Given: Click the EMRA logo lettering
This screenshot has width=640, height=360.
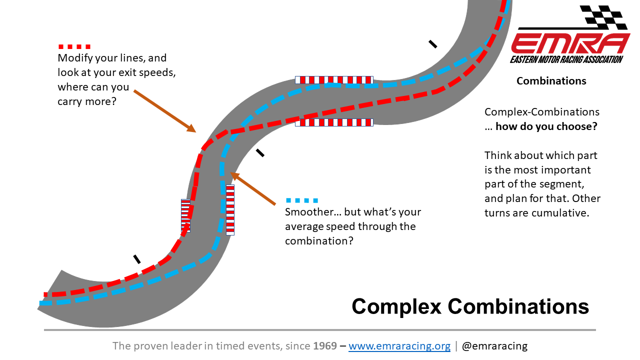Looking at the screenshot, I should click(x=570, y=43).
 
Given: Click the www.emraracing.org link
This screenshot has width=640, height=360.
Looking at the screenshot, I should click(x=399, y=346).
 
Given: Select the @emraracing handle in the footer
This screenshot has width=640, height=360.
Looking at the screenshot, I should click(x=494, y=346).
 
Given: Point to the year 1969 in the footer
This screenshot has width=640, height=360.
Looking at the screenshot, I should click(x=325, y=346).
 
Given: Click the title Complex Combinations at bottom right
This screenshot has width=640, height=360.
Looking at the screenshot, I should click(x=470, y=306).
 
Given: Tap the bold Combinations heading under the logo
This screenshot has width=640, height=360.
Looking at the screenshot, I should click(x=551, y=81).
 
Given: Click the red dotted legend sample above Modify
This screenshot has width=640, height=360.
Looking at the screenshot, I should click(x=74, y=46).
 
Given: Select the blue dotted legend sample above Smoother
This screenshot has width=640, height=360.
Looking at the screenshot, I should click(x=301, y=200).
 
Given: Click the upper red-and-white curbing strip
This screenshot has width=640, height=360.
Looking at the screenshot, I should click(x=333, y=79).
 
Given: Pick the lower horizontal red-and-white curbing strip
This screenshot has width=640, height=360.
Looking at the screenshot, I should click(x=333, y=122).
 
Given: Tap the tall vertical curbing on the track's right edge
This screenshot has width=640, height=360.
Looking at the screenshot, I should click(x=230, y=210).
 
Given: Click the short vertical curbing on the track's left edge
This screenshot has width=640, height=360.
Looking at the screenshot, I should click(x=185, y=215).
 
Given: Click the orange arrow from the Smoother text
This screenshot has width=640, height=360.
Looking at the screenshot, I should click(x=252, y=189).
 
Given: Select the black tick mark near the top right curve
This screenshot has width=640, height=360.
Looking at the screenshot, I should click(x=433, y=44).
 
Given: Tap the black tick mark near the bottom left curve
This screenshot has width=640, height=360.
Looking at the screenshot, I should click(x=136, y=259).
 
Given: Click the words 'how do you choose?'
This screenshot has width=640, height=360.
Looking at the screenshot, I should click(x=546, y=126).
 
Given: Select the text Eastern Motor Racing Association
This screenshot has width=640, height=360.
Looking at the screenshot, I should click(x=566, y=59).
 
